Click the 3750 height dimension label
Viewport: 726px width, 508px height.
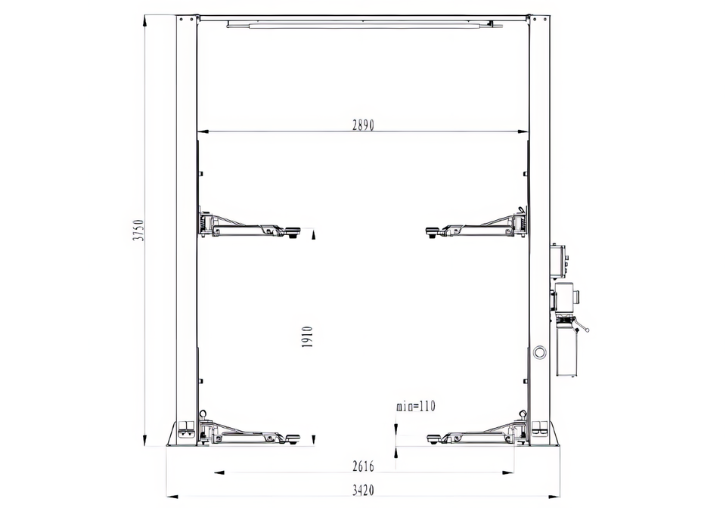coord(138,231)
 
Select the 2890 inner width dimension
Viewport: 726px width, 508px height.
coord(363,125)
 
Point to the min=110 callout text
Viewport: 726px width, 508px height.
coord(416,406)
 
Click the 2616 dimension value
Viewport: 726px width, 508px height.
coord(363,466)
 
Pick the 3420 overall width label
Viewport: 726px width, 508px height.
coord(363,490)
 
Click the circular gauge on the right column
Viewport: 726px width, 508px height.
coord(539,352)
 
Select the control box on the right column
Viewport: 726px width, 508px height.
coord(560,261)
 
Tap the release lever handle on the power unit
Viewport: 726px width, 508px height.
coord(582,327)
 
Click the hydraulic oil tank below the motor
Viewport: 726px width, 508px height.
coord(566,352)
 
